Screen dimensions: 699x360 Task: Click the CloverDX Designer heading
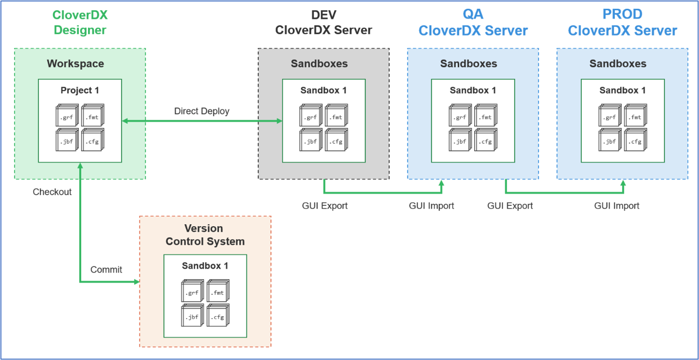click(80, 22)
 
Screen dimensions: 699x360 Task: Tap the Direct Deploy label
click(202, 111)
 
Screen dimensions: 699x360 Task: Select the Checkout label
click(52, 192)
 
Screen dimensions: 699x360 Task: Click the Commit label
click(106, 270)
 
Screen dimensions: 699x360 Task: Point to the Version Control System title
click(205, 235)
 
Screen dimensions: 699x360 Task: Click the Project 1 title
click(80, 90)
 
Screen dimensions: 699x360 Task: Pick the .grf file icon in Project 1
click(67, 115)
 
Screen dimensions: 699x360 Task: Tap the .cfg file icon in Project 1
click(92, 140)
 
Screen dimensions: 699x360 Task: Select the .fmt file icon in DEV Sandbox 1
click(336, 115)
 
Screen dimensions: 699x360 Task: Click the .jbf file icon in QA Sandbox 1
click(460, 140)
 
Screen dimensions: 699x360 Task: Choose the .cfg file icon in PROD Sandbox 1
click(636, 140)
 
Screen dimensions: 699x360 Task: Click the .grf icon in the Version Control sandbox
click(193, 291)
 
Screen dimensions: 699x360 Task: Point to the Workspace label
click(75, 64)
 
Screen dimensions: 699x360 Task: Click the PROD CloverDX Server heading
click(622, 22)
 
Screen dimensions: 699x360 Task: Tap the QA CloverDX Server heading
click(473, 22)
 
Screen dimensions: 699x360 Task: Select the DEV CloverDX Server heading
click(324, 22)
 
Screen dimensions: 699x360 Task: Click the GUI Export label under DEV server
click(325, 206)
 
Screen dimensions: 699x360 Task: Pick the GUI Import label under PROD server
click(617, 206)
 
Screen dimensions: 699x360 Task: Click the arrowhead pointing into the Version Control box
click(137, 282)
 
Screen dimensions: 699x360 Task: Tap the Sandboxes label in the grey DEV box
click(319, 64)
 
